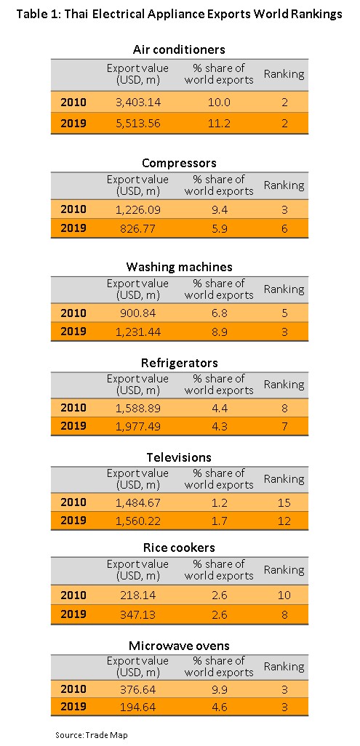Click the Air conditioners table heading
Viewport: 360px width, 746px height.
click(179, 49)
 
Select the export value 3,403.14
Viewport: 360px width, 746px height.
click(137, 102)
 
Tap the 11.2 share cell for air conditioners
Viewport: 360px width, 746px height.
click(219, 123)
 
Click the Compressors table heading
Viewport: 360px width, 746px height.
click(179, 163)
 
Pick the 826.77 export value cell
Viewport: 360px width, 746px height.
click(137, 228)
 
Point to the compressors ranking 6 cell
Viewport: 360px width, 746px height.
click(284, 228)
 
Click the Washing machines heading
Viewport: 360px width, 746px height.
click(179, 266)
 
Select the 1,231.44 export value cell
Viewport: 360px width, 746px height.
click(137, 332)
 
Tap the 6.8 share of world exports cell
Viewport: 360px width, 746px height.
click(219, 313)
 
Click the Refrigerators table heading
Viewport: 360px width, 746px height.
click(179, 363)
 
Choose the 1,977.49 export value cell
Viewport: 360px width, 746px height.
click(137, 425)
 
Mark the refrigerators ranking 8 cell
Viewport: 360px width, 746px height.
click(284, 408)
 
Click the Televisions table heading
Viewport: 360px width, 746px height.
click(179, 457)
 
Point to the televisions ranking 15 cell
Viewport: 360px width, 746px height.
click(284, 502)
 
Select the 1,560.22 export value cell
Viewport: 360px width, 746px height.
click(137, 521)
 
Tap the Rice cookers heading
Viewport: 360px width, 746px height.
click(179, 548)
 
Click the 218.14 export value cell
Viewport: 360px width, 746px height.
click(137, 595)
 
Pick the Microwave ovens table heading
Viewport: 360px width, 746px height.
click(179, 645)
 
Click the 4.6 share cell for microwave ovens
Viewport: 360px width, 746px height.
click(219, 707)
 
